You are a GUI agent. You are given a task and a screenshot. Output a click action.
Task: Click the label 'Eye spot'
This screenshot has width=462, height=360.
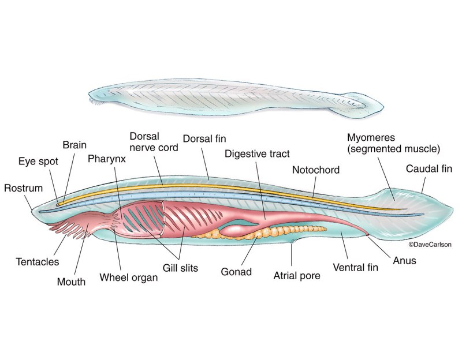(x=38, y=161)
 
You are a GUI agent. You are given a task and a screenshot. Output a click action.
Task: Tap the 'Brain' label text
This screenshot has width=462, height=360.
(x=74, y=145)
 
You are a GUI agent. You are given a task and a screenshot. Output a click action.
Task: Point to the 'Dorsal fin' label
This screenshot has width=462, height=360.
(x=204, y=139)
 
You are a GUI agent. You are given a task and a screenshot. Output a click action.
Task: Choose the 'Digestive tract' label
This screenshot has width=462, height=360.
(x=256, y=154)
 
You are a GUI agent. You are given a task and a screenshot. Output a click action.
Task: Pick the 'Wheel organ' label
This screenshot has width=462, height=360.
(x=128, y=276)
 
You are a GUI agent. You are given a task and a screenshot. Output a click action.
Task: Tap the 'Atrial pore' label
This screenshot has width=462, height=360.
(x=296, y=276)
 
